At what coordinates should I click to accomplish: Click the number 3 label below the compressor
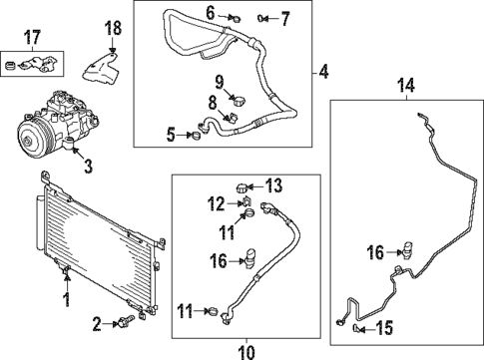88,167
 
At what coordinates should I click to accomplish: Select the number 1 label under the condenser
67,299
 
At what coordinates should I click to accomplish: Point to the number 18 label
113,26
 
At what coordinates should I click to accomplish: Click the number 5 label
171,134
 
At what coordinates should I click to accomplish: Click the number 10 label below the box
246,350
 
